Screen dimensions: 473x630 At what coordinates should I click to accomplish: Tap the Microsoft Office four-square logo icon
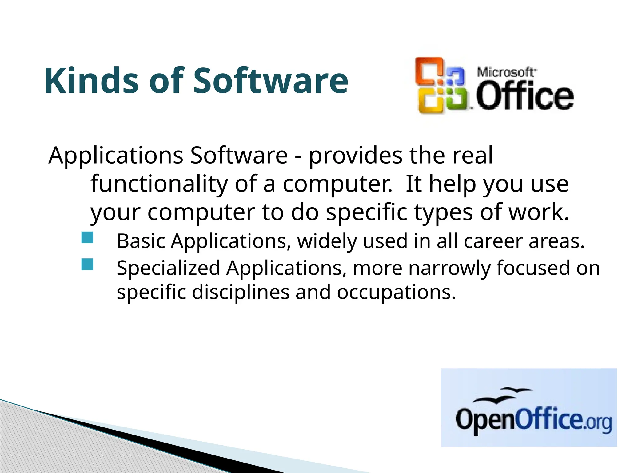point(440,85)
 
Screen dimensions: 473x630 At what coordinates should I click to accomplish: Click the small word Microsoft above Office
point(506,72)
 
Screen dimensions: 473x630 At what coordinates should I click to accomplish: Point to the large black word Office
point(525,95)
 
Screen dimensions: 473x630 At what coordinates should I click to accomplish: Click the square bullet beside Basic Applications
point(87,238)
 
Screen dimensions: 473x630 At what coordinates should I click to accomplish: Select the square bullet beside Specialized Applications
point(87,264)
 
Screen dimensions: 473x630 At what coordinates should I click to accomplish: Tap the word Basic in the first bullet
point(141,241)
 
